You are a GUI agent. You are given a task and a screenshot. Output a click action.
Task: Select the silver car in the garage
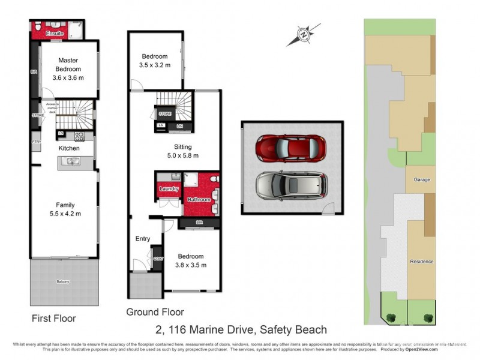tap(292, 186)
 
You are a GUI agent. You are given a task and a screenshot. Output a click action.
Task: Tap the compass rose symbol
tap(304, 35)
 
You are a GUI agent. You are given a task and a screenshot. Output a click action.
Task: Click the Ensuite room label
tap(55, 34)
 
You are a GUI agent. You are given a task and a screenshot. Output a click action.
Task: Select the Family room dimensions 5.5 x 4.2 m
tap(65, 213)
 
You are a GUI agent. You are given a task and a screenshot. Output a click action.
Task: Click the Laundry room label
tap(169, 189)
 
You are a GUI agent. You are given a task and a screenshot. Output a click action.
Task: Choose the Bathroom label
tap(199, 199)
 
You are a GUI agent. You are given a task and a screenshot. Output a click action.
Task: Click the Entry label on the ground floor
tap(142, 239)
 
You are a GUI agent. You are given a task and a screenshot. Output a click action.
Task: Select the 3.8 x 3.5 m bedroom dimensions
tap(191, 265)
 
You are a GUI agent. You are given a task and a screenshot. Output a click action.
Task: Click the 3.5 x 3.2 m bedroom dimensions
tap(155, 65)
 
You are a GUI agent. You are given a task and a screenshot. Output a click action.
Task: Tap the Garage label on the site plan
tap(421, 179)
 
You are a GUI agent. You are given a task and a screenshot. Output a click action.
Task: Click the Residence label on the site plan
tap(421, 262)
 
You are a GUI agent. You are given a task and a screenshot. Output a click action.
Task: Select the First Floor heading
tap(54, 319)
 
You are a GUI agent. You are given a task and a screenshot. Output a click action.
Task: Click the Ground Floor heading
tap(155, 312)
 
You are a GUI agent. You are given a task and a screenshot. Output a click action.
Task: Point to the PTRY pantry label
tap(35, 142)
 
